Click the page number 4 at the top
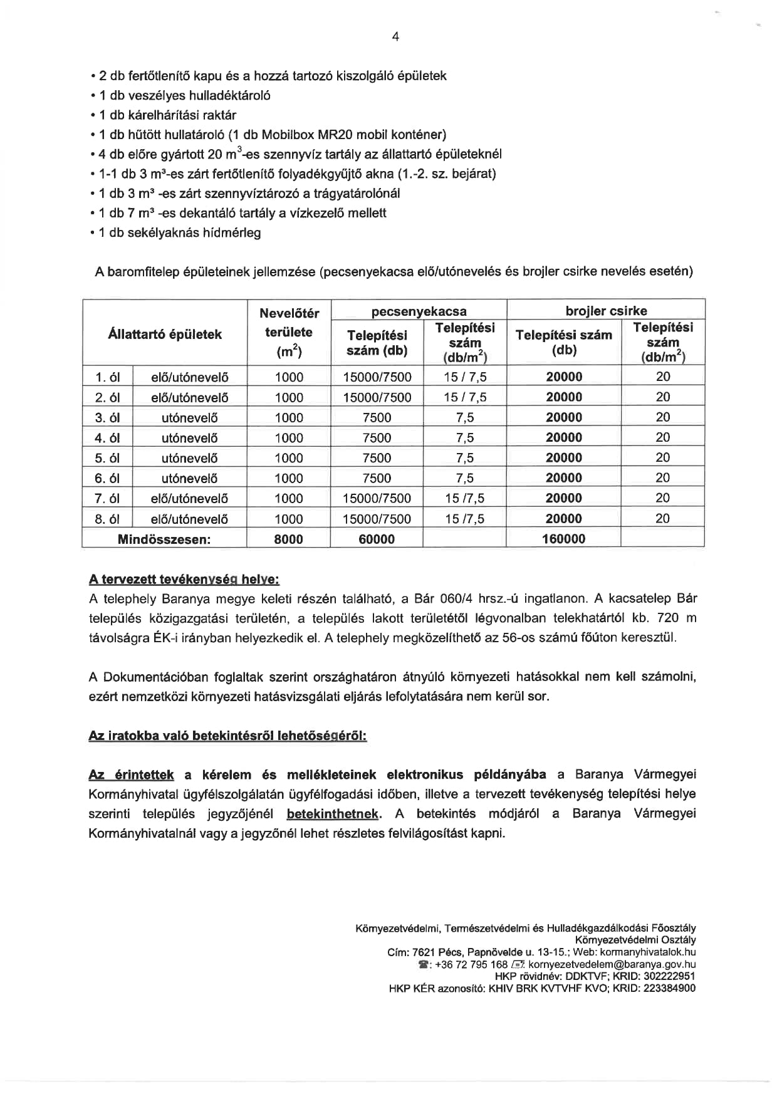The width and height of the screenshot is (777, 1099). point(395,37)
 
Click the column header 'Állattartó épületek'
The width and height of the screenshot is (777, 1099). point(165,334)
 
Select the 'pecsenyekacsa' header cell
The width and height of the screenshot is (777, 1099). point(419,311)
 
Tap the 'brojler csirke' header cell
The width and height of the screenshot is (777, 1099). point(606,310)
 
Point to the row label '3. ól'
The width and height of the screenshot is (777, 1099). point(107,418)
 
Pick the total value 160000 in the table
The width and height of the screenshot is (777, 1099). point(563,539)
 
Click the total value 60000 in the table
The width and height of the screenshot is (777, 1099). point(377,539)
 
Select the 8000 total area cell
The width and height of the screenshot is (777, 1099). point(288,539)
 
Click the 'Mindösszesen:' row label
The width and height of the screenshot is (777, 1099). point(164,539)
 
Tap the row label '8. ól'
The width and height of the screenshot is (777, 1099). point(107,519)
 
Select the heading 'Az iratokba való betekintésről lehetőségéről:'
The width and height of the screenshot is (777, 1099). point(227,736)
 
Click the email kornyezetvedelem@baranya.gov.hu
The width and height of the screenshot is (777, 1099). point(612,964)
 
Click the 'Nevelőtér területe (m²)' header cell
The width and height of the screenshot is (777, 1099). point(289,333)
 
